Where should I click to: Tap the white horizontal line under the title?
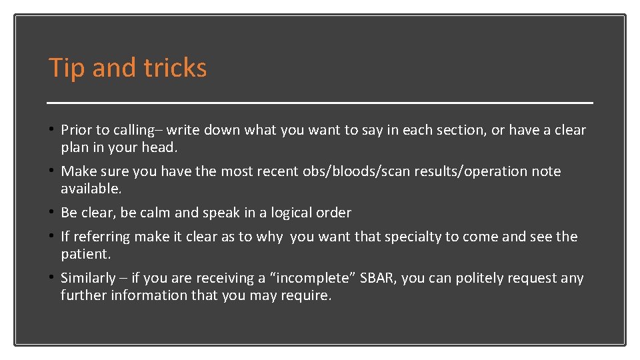tap(320, 103)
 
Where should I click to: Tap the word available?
tap(91, 189)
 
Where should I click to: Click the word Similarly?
tap(88, 278)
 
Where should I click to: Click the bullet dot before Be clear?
tap(52, 213)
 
